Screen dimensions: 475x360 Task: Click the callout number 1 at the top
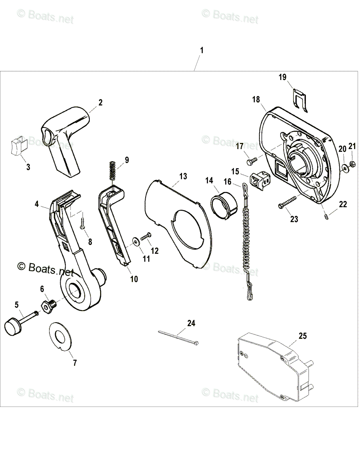coord(202,51)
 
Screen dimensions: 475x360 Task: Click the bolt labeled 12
coord(146,236)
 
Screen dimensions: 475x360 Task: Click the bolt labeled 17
coord(252,161)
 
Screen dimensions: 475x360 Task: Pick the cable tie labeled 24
coord(178,337)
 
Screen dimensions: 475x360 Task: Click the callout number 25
coord(302,336)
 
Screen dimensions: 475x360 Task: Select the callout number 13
coord(183,176)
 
